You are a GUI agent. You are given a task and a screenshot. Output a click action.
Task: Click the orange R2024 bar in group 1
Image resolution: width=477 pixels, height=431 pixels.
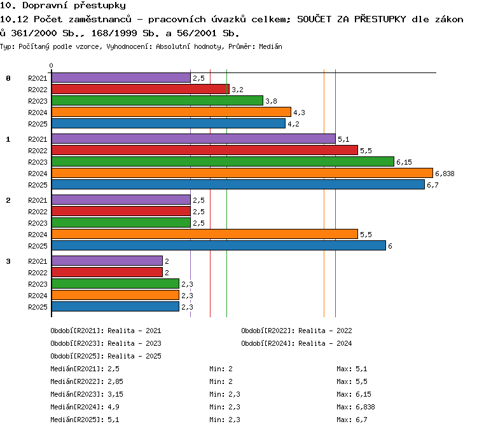pos(242,173)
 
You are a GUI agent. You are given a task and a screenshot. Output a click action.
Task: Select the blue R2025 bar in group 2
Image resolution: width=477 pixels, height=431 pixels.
pos(219,245)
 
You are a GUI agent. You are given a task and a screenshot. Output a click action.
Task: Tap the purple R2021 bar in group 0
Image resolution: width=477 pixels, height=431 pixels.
pos(121,78)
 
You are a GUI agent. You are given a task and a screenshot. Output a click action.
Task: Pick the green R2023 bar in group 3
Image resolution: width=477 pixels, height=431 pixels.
pos(115,284)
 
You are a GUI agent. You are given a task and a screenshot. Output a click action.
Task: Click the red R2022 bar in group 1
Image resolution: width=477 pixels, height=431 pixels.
pos(205,150)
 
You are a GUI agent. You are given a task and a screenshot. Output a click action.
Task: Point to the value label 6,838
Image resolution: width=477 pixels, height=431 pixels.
pos(445,174)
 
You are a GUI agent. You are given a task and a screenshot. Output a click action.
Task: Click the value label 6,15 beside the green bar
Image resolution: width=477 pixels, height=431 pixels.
pos(404,162)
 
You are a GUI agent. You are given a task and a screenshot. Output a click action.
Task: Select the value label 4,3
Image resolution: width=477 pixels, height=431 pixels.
pos(299,113)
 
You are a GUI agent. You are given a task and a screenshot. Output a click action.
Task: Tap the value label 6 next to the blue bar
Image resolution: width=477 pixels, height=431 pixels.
pos(390,246)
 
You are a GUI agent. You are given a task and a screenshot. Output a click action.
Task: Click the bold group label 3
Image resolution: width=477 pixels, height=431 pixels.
pos(8,261)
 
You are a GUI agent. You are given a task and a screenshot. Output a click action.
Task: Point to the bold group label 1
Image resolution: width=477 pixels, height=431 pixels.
pos(8,139)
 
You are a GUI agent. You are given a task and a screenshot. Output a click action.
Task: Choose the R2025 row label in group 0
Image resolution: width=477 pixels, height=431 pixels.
pos(38,124)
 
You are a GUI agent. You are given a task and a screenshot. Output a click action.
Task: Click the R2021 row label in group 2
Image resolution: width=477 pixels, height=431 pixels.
pos(38,200)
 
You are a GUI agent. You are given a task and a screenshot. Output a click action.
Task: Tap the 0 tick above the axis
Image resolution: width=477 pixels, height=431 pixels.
pos(51,65)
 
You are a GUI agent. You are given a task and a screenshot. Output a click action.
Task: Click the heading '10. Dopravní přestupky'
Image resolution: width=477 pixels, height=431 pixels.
pos(63,6)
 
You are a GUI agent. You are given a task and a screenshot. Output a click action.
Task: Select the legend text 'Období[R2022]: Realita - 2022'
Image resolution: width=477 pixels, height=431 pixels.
pos(296,331)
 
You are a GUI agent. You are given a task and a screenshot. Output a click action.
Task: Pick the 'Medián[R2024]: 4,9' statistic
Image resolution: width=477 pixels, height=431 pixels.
pos(85,407)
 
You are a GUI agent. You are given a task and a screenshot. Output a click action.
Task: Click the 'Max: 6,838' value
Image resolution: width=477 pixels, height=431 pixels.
pos(356,407)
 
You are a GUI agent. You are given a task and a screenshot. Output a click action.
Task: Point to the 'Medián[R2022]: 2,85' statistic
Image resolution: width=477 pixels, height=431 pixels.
pos(86,381)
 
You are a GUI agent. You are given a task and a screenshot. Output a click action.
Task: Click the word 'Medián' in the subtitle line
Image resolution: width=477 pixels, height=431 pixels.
pos(270,46)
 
